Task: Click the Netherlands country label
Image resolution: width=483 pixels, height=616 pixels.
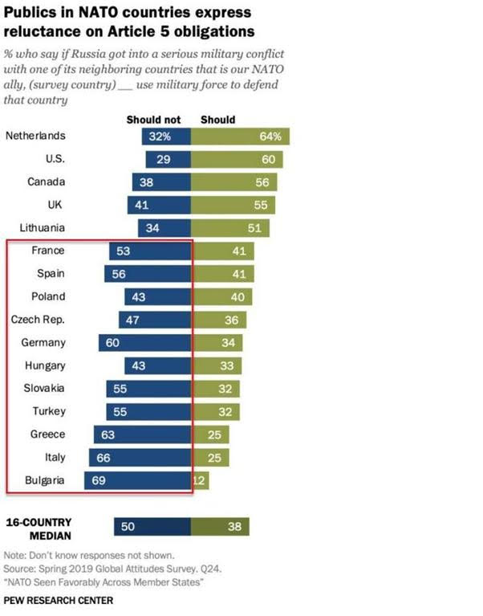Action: pyautogui.click(x=35, y=137)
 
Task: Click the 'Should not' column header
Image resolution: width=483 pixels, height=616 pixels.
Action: pyautogui.click(x=153, y=120)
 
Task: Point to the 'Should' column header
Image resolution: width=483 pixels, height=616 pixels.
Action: pyautogui.click(x=217, y=120)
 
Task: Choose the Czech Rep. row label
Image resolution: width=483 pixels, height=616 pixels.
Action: pyautogui.click(x=38, y=320)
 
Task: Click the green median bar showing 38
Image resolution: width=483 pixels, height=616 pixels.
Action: pyautogui.click(x=220, y=527)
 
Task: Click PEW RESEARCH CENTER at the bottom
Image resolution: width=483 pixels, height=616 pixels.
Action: pyautogui.click(x=59, y=601)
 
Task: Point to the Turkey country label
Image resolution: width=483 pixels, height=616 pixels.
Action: pyautogui.click(x=49, y=412)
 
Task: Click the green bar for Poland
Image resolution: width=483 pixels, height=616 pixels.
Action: pyautogui.click(x=221, y=297)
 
